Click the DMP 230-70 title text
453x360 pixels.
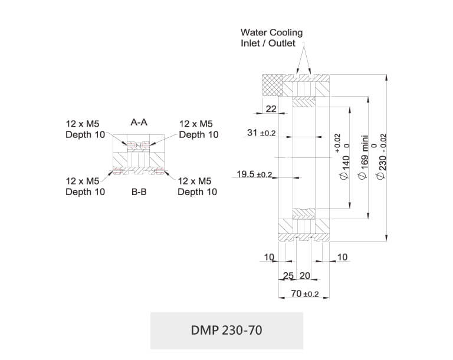226,330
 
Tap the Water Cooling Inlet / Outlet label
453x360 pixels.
271,38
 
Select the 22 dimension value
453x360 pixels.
271,109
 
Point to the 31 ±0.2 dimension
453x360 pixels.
261,134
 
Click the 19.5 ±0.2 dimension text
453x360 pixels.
254,174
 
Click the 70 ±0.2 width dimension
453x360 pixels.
305,293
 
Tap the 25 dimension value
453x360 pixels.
288,276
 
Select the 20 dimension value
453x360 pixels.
305,276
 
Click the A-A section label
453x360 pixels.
139,123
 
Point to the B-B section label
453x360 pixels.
139,192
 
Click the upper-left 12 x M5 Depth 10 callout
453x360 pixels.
85,129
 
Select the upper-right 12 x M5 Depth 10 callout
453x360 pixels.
198,129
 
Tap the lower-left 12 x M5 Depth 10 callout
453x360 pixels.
85,186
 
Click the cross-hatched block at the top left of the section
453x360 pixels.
273,85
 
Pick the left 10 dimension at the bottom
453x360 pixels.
269,257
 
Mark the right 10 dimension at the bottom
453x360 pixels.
342,257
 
